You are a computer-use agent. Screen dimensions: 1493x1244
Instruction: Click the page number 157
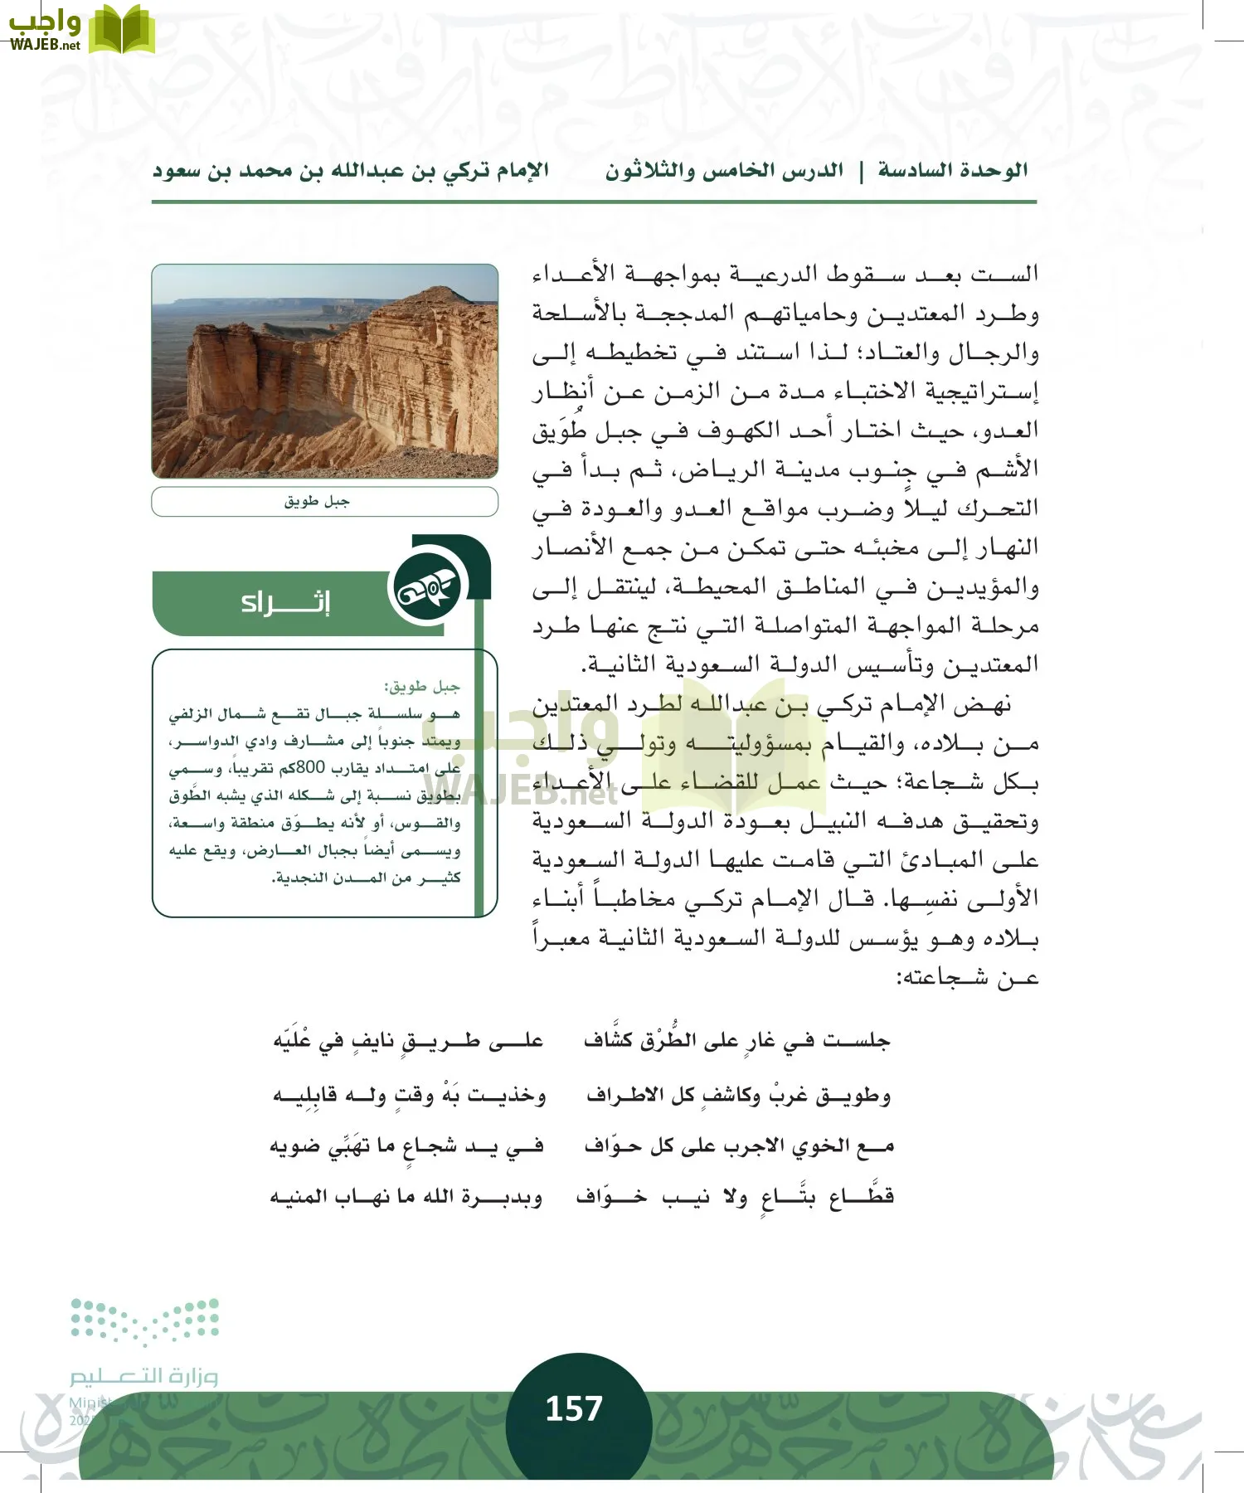click(573, 1408)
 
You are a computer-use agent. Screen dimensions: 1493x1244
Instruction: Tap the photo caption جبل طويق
click(317, 502)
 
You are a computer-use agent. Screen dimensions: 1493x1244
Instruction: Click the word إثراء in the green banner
click(285, 603)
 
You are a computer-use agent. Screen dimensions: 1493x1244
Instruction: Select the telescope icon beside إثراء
click(426, 590)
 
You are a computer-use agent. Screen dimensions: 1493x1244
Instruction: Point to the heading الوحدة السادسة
click(953, 172)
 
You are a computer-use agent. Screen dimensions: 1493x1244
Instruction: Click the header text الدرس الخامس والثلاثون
click(724, 172)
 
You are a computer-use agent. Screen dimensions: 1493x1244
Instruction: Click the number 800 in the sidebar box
click(311, 767)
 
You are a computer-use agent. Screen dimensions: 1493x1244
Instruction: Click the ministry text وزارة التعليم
click(144, 1376)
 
